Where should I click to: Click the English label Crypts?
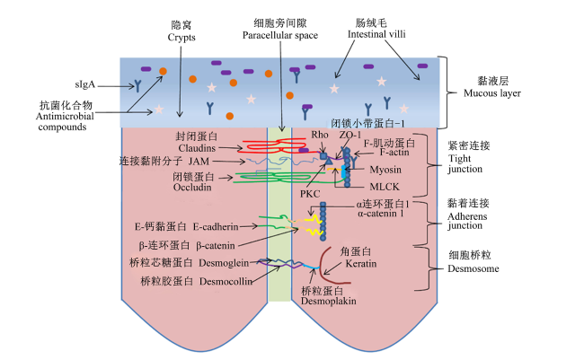(x=181, y=38)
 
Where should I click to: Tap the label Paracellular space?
(x=280, y=35)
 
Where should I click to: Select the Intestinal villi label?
(x=376, y=34)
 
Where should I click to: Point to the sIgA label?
(x=85, y=85)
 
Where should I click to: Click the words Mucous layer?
(x=492, y=93)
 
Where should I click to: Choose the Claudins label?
(x=197, y=148)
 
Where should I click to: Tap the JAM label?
(x=199, y=162)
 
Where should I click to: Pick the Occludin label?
(x=192, y=188)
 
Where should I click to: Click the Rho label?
(x=320, y=135)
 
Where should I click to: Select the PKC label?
(x=310, y=194)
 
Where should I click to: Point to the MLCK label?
(x=385, y=187)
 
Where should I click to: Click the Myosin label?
(x=385, y=170)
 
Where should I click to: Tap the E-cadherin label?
(x=216, y=226)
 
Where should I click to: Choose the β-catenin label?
(x=216, y=246)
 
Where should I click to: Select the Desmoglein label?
(x=224, y=263)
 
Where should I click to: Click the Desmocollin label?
(x=226, y=282)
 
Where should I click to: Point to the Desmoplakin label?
(x=329, y=301)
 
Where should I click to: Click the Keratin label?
(x=361, y=264)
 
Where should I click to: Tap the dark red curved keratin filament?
(x=321, y=263)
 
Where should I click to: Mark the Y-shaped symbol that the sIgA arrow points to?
(x=137, y=86)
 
